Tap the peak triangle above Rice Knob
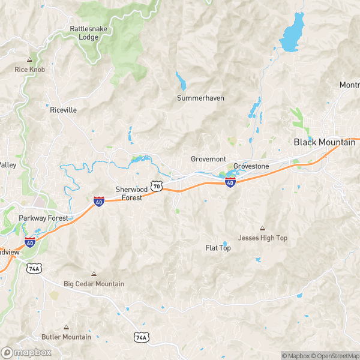(x=29, y=59)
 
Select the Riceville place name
(x=63, y=110)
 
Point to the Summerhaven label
(x=200, y=98)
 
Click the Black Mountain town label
(x=324, y=142)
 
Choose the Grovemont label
(x=208, y=159)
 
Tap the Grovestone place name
(x=251, y=166)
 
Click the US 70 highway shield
(x=157, y=187)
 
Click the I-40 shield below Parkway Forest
(x=30, y=242)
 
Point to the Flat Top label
(x=218, y=248)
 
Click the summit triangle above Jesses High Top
(x=262, y=228)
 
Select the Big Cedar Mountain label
(x=94, y=284)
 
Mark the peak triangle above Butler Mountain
(x=66, y=327)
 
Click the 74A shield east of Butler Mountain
(x=140, y=337)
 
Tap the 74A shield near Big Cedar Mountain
(x=34, y=268)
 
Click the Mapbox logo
(x=27, y=352)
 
